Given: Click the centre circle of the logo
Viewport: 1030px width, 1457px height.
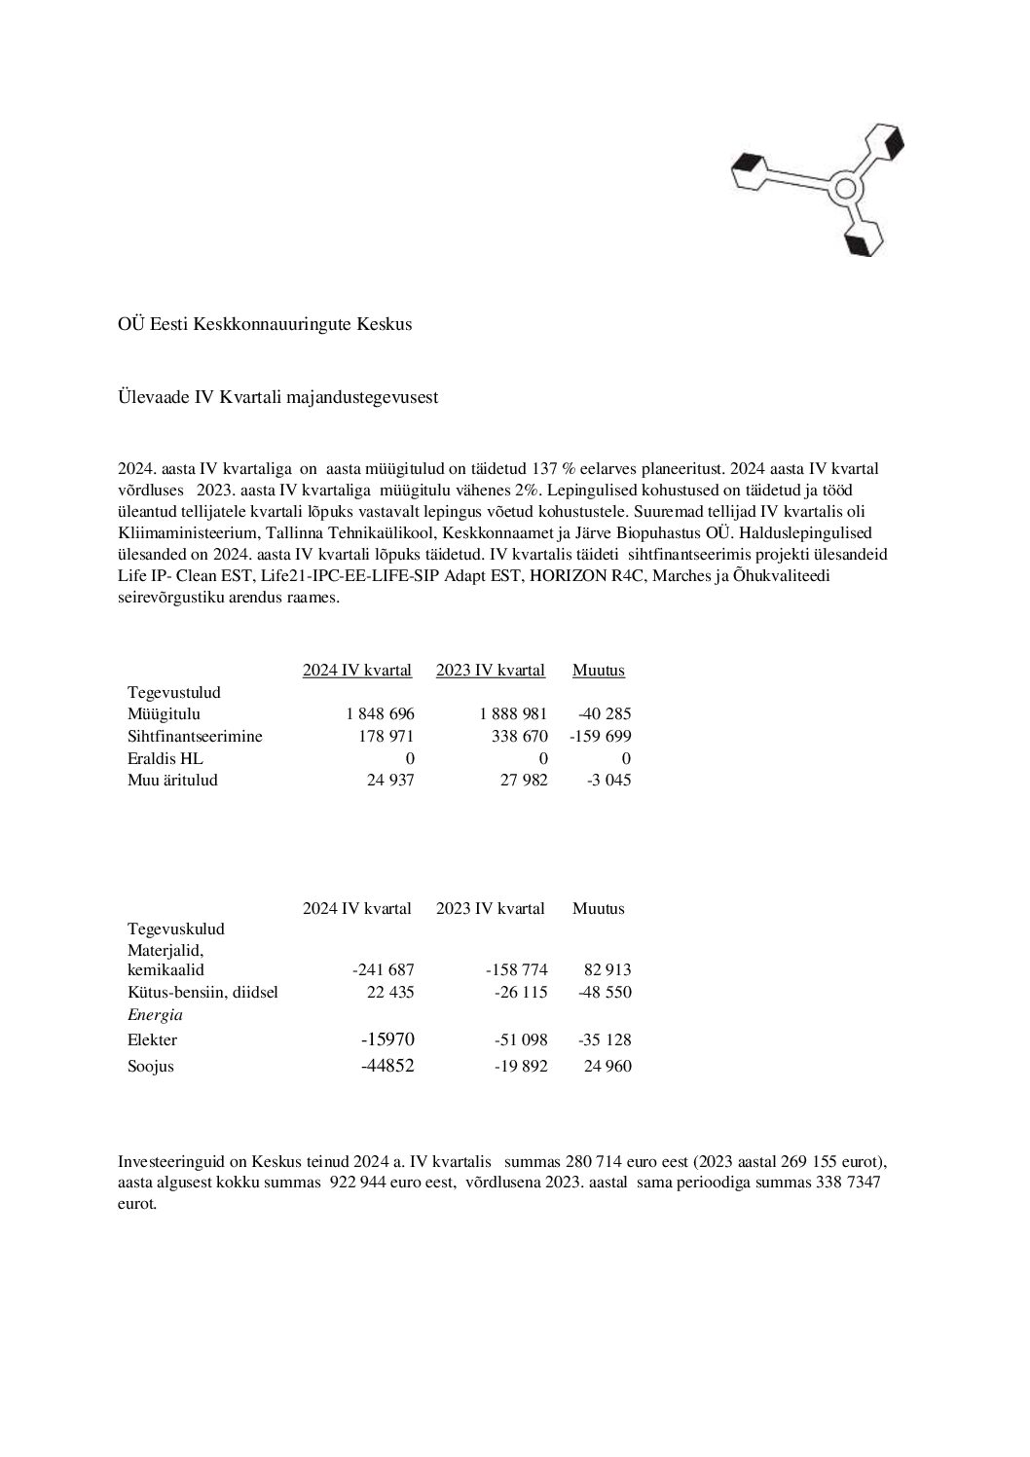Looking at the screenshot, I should [845, 188].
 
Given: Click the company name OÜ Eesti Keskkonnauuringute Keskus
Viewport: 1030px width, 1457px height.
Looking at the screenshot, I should [264, 324].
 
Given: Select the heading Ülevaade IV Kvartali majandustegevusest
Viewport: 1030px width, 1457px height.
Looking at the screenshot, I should [277, 398].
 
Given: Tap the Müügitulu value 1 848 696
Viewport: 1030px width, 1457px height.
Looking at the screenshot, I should [380, 714].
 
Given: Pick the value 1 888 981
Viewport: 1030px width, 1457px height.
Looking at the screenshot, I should [513, 714].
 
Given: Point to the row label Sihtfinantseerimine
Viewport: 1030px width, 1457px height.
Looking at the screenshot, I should [195, 737].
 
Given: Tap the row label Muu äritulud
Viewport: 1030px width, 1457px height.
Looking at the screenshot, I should [172, 780].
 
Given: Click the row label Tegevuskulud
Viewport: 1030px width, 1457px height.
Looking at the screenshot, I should [175, 929].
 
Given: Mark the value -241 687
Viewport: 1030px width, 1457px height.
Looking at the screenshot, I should [383, 969].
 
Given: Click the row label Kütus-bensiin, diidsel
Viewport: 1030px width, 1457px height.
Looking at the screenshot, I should [202, 993].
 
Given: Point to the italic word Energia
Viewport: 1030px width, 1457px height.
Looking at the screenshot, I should [155, 1015].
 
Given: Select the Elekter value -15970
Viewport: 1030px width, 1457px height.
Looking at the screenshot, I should [387, 1039].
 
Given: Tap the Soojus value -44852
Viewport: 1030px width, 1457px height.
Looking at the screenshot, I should [387, 1066].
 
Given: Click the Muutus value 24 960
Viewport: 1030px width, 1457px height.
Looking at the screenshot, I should [607, 1066].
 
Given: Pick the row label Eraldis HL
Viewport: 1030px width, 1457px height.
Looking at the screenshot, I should [166, 758].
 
